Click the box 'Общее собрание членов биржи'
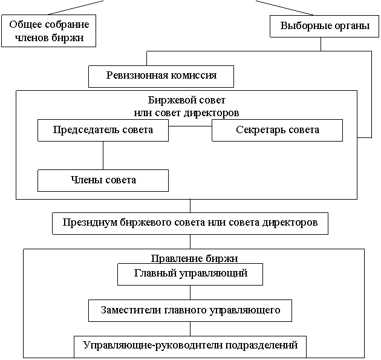coord(49,31)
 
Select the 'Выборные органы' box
coord(319,26)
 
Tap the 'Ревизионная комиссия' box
coord(161,76)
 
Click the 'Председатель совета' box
coord(103,130)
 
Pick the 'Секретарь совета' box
coord(277,130)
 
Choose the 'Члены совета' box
coord(103,180)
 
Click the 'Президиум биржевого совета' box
coord(190,222)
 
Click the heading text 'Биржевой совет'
coord(186,100)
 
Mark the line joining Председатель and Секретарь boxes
coord(190,126)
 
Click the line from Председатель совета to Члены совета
coord(103,155)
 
